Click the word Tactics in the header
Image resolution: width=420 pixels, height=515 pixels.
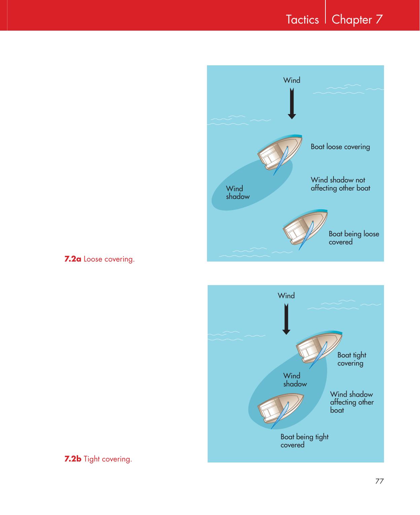(x=302, y=20)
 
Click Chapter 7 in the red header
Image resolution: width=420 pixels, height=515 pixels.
(x=357, y=20)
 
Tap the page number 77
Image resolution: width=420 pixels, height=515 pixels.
(x=379, y=481)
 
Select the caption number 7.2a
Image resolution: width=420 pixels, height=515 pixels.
(x=72, y=259)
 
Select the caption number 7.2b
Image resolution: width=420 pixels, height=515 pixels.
(x=73, y=459)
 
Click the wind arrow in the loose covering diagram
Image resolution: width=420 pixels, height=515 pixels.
(x=292, y=104)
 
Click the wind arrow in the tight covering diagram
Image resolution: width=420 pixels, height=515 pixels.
(x=286, y=319)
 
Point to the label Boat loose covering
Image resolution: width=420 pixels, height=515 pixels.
(x=340, y=147)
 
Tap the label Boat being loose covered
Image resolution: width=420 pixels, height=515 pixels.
(x=354, y=238)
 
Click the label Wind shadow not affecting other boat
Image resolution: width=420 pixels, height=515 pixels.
(x=340, y=184)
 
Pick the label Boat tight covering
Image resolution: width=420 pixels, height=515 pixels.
(x=352, y=359)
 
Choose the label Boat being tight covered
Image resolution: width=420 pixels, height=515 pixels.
(x=305, y=441)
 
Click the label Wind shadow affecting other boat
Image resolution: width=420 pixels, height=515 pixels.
(x=352, y=402)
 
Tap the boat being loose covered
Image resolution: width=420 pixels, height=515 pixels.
(x=305, y=228)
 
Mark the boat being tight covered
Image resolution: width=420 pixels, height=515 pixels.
(x=281, y=410)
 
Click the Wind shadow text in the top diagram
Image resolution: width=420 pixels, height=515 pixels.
(x=238, y=193)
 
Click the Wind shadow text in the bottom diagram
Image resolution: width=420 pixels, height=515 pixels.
(x=295, y=380)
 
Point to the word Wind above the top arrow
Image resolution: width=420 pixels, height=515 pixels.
(x=291, y=80)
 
